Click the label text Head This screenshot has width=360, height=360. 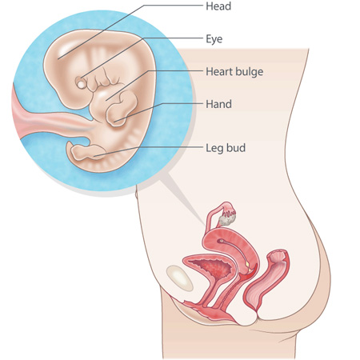(218, 6)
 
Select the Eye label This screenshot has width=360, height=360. (214, 39)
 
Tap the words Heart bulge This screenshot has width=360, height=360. (234, 72)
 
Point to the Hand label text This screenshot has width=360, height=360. (218, 104)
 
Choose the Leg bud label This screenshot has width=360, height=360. (226, 148)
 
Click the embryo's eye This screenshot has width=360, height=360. (81, 84)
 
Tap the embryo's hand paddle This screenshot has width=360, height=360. (122, 109)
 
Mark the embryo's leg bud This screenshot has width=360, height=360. (86, 154)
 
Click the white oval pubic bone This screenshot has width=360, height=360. (179, 278)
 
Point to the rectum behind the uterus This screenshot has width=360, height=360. (266, 280)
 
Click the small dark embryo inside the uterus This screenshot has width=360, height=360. (221, 241)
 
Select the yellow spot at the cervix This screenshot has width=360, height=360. (247, 264)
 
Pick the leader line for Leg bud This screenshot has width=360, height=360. (149, 151)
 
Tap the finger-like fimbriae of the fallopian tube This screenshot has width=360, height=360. (230, 212)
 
